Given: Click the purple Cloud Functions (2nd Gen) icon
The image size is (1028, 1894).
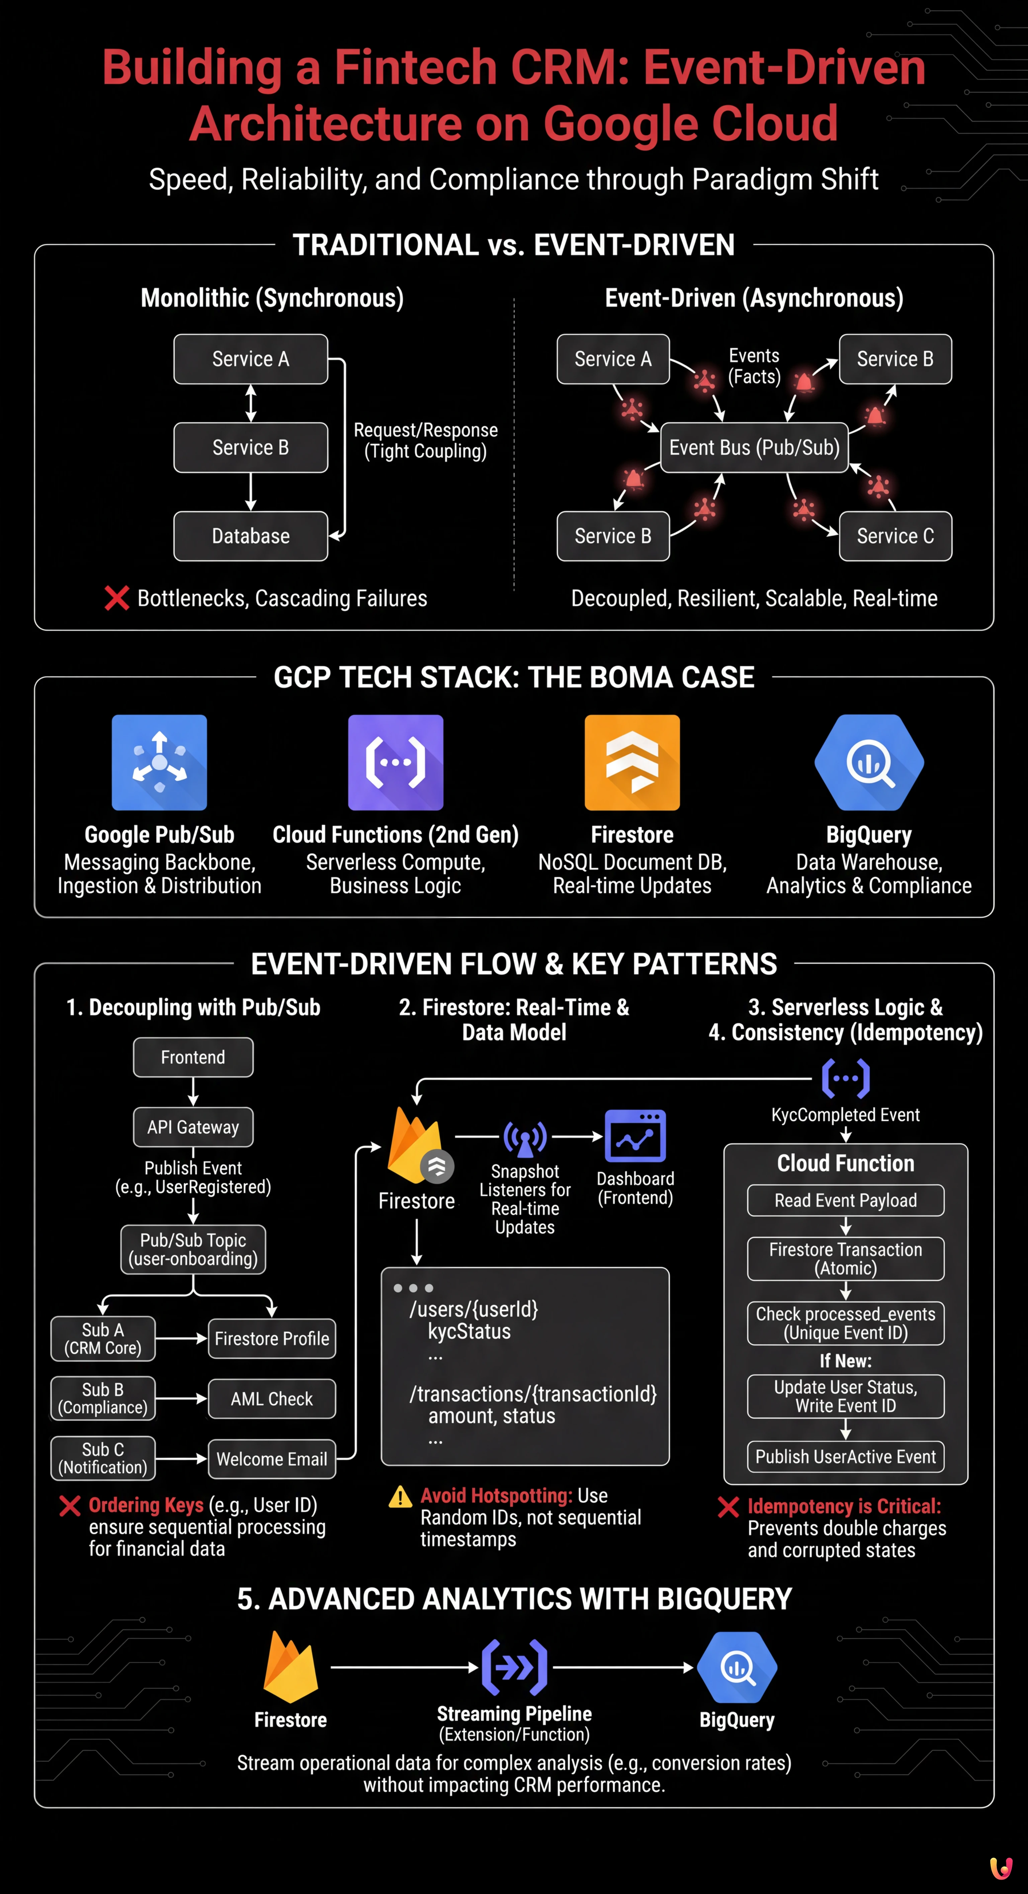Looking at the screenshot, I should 396,762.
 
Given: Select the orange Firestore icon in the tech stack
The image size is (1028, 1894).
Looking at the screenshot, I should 632,762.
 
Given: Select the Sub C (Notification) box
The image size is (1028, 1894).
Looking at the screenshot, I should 103,1458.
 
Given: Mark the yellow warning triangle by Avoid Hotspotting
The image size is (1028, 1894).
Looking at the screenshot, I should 400,1497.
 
